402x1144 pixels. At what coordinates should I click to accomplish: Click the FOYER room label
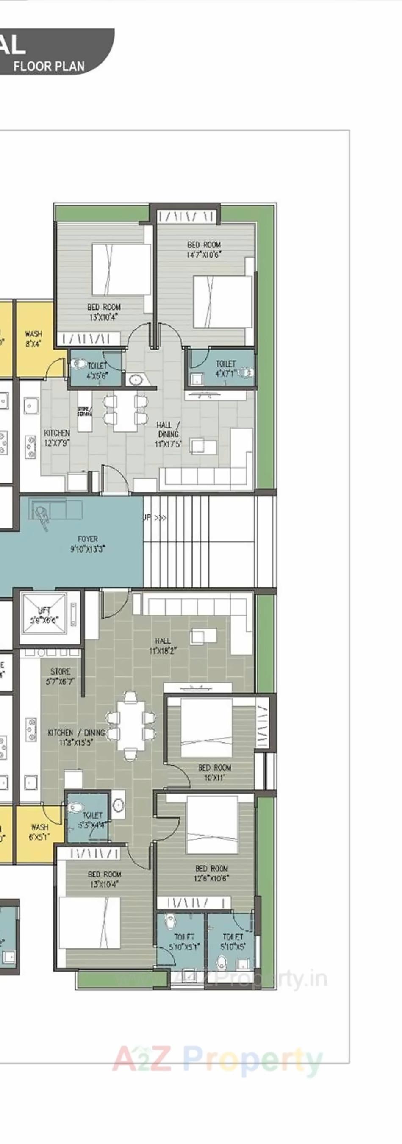click(88, 544)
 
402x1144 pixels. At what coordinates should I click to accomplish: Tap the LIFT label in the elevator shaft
click(44, 615)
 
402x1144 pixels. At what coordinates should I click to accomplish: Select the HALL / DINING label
click(168, 434)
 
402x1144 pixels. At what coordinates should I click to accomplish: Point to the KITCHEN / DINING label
click(76, 737)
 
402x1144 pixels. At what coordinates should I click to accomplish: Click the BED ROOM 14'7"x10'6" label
click(204, 249)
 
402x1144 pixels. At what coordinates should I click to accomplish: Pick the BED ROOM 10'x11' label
click(214, 772)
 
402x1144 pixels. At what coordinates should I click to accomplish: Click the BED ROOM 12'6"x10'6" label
click(211, 873)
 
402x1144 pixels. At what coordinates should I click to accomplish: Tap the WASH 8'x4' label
click(33, 339)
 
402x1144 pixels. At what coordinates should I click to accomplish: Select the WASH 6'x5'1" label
click(39, 832)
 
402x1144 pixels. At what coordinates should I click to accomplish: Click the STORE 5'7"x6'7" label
click(61, 676)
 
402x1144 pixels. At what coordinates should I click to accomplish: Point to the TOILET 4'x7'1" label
click(226, 369)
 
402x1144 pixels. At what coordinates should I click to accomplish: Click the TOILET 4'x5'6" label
click(97, 370)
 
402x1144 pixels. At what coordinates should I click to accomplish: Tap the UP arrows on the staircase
click(155, 518)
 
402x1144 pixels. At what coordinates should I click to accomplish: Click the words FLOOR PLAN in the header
click(49, 67)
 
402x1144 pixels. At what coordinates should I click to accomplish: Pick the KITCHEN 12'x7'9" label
click(57, 437)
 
